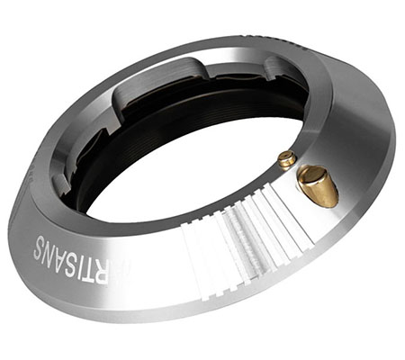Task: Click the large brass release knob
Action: (318, 184)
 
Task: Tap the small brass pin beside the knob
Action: (286, 160)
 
